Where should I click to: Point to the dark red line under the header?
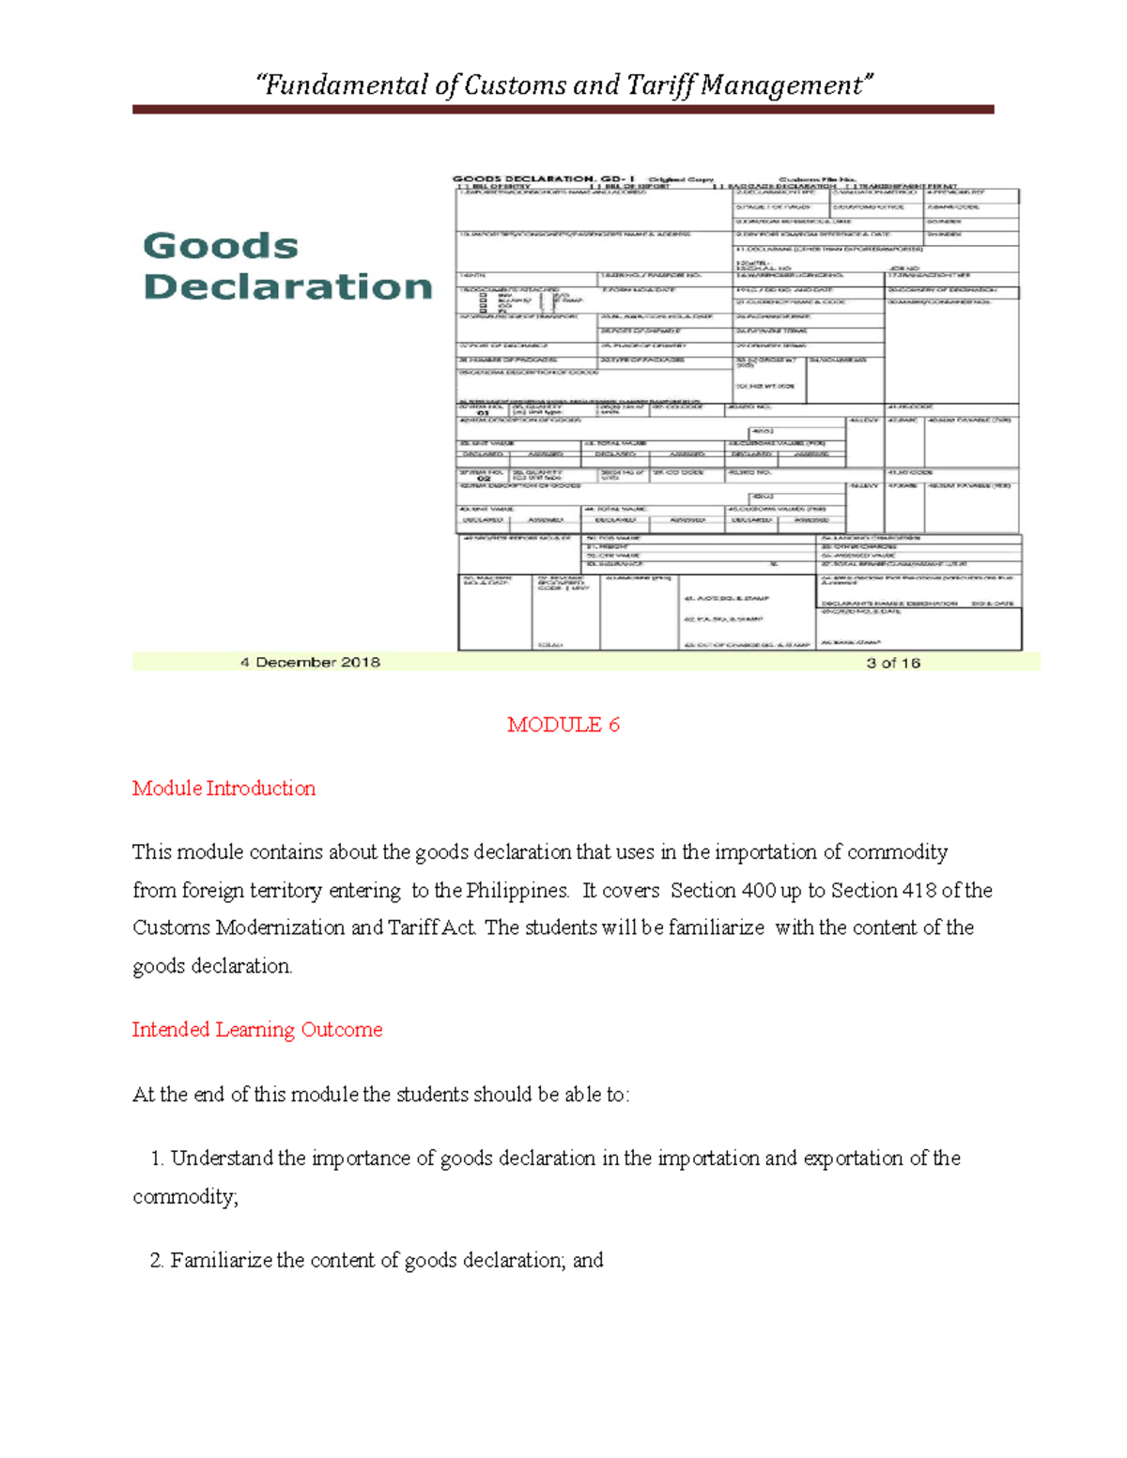[563, 110]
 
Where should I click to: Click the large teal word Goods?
[221, 246]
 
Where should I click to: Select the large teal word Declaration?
[287, 286]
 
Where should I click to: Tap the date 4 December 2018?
[310, 662]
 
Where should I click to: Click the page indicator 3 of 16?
[892, 663]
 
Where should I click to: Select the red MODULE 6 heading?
[563, 725]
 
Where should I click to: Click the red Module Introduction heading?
[224, 789]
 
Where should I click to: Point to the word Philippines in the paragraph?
[517, 890]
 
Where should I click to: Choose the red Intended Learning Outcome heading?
[256, 1030]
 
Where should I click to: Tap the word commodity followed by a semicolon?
[184, 1197]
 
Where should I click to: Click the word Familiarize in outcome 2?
[222, 1261]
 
